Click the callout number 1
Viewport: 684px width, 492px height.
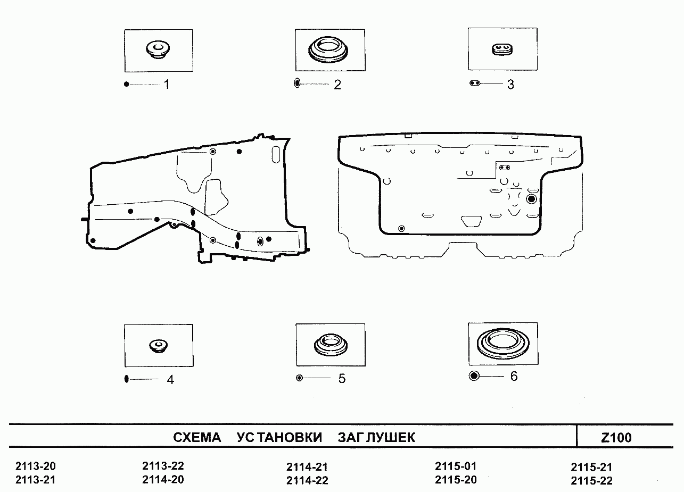tap(167, 84)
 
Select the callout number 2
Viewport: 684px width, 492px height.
tap(337, 85)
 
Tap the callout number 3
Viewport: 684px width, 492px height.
tap(510, 84)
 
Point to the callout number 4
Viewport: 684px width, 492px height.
tap(170, 380)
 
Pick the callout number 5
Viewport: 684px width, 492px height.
tap(342, 379)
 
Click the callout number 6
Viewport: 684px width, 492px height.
tap(514, 376)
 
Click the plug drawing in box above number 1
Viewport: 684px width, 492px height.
tap(158, 50)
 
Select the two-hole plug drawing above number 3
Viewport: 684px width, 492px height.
tap(502, 49)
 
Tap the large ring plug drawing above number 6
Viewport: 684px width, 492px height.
tap(503, 344)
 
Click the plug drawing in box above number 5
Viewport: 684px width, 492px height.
tap(331, 345)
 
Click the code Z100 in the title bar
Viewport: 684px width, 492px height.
tap(616, 438)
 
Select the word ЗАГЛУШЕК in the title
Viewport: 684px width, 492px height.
tap(376, 437)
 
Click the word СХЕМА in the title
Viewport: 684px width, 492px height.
tap(197, 437)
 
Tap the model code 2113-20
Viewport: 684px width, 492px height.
tap(36, 466)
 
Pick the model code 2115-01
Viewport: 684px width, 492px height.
tap(456, 466)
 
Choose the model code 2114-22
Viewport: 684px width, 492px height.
tap(307, 480)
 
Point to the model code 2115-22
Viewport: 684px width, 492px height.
tap(592, 481)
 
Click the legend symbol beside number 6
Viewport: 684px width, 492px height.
tap(474, 376)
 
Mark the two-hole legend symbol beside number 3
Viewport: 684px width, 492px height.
tap(475, 83)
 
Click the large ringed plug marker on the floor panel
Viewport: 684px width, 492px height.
tap(531, 199)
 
